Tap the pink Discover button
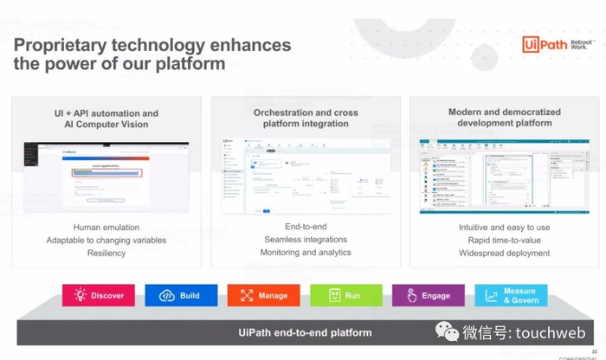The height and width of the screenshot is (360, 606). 99,295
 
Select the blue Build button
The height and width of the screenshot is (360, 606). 181,295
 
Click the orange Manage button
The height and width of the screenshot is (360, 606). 263,295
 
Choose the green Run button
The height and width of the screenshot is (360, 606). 345,295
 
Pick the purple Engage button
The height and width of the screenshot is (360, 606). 428,295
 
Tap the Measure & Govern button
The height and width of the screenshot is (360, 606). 511,295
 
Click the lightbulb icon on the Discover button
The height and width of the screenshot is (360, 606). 81,295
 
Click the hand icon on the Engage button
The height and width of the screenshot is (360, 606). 410,295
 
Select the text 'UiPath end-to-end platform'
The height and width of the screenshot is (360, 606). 305,332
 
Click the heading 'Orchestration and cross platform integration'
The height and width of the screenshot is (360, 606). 306,118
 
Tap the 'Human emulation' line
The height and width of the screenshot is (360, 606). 106,228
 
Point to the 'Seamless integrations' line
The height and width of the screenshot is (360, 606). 306,240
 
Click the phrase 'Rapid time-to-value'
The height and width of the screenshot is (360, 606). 504,240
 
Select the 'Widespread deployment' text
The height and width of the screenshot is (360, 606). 504,253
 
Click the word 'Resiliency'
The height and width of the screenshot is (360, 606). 106,253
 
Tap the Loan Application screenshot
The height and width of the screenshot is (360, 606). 106,177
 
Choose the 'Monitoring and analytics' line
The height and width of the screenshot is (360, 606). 306,253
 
